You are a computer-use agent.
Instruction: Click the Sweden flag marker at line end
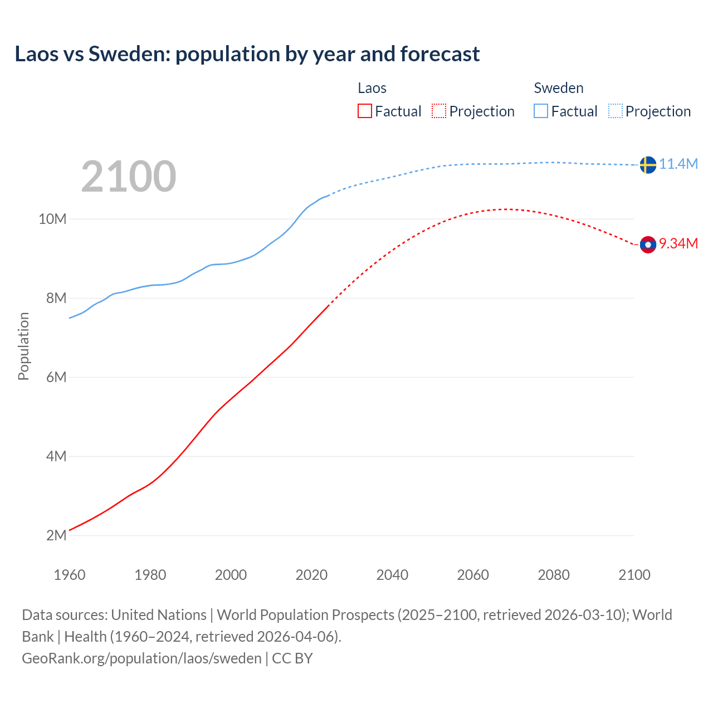(x=648, y=165)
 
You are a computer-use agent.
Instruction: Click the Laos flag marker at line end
(x=648, y=245)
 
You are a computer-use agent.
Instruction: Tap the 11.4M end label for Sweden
(x=678, y=164)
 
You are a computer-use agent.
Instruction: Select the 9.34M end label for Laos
(x=678, y=243)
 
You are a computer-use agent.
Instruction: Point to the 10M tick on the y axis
(x=52, y=219)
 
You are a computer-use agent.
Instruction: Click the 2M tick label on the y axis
(x=56, y=535)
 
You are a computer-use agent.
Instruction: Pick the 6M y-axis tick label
(x=56, y=377)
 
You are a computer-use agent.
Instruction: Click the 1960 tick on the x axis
(x=70, y=575)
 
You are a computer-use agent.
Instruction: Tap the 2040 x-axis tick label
(x=392, y=575)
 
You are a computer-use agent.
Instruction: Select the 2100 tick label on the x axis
(x=634, y=575)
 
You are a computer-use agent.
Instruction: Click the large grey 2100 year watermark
(x=129, y=177)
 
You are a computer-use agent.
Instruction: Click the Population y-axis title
(x=23, y=346)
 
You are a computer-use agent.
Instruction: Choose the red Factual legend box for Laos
(x=365, y=111)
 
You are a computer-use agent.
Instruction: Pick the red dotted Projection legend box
(x=439, y=111)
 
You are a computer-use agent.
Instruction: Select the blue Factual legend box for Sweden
(x=541, y=111)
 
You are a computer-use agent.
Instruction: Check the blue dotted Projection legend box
(x=615, y=111)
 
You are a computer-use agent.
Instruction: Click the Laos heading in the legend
(x=372, y=88)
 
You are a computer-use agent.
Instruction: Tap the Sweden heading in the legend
(x=559, y=88)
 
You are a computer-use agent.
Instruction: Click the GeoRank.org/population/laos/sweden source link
(x=141, y=658)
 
